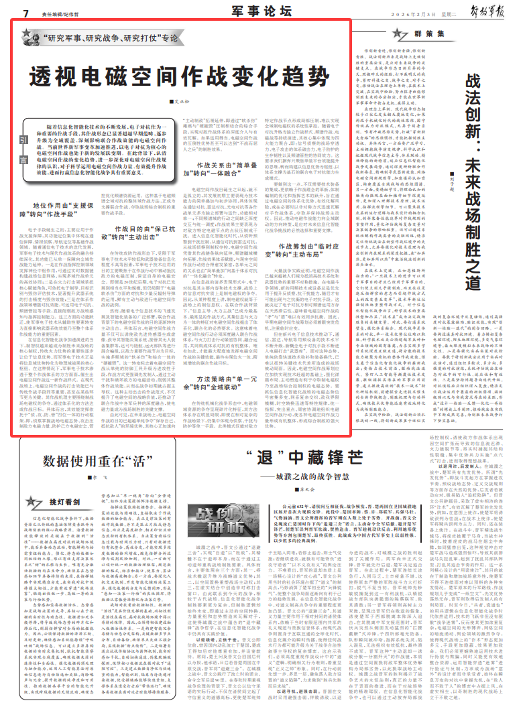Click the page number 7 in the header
click(x=25, y=13)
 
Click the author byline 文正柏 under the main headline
click(x=178, y=102)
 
